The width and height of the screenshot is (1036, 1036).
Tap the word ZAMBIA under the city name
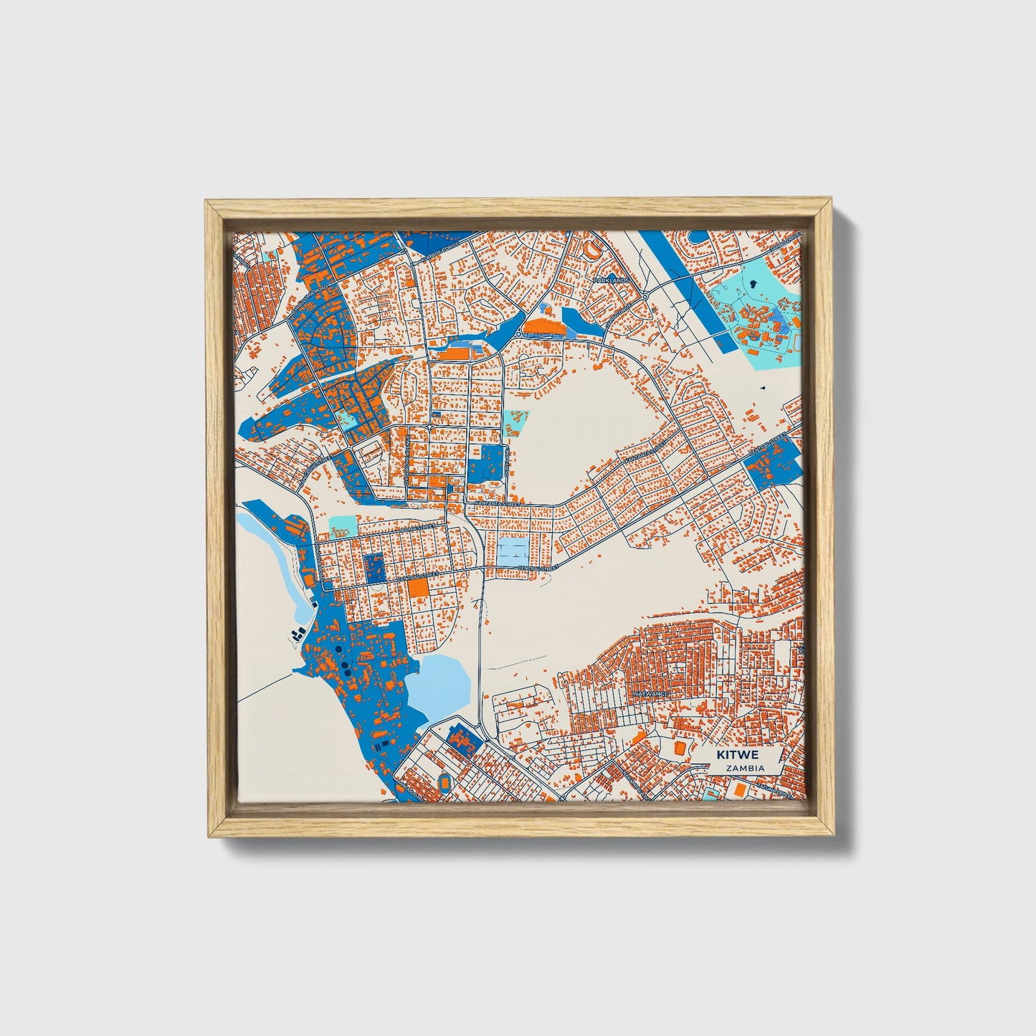pos(744,768)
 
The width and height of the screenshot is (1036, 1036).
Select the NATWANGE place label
pos(650,694)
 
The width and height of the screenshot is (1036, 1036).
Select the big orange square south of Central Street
pos(418,588)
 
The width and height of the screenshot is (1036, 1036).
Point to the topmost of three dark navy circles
pos(338,650)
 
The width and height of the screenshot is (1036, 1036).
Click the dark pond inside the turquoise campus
pos(752,284)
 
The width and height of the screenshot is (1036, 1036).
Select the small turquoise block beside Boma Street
pos(343,526)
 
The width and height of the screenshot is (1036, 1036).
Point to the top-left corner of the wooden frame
pos(207,201)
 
